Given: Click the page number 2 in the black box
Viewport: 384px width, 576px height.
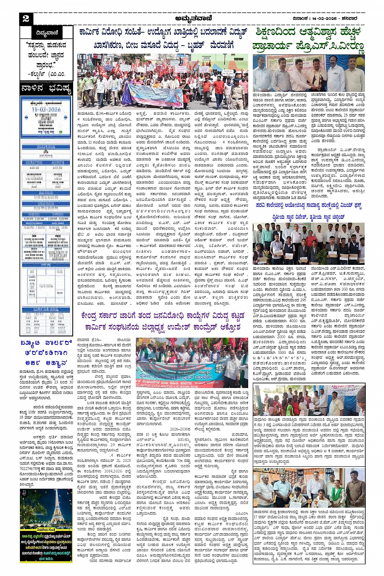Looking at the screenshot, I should [26, 19].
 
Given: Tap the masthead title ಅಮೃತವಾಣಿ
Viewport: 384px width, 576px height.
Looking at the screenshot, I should [191, 18].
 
